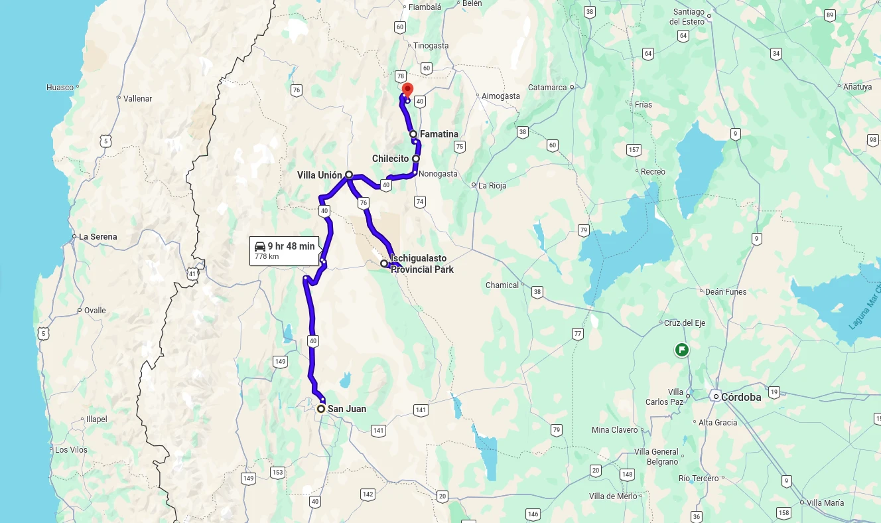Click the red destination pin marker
pyautogui.click(x=407, y=90)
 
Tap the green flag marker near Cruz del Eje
pyautogui.click(x=681, y=349)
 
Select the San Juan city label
pyautogui.click(x=346, y=409)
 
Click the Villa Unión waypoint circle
pyautogui.click(x=349, y=175)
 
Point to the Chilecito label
pyautogui.click(x=390, y=159)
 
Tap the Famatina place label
pyautogui.click(x=439, y=134)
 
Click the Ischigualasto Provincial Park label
pyautogui.click(x=422, y=264)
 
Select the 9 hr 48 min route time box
pyautogui.click(x=284, y=250)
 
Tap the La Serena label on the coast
pyautogui.click(x=98, y=237)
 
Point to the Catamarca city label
pyautogui.click(x=547, y=88)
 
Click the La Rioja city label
pyautogui.click(x=492, y=186)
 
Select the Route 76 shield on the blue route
pyautogui.click(x=363, y=203)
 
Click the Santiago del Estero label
pyautogui.click(x=689, y=17)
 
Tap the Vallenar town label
pyautogui.click(x=138, y=99)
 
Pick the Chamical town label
pyautogui.click(x=502, y=285)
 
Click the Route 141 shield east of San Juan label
pyautogui.click(x=421, y=410)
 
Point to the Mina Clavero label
pyautogui.click(x=614, y=430)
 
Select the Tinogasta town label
pyautogui.click(x=431, y=46)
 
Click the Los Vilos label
pyautogui.click(x=71, y=450)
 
